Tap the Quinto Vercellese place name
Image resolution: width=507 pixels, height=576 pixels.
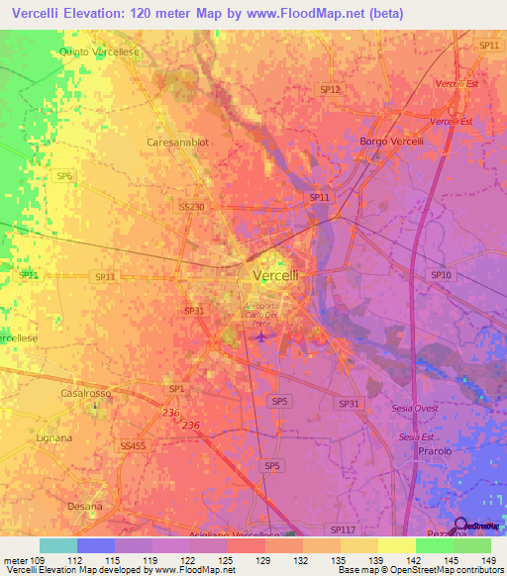pyautogui.click(x=100, y=50)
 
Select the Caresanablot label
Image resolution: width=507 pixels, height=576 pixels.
pyautogui.click(x=178, y=143)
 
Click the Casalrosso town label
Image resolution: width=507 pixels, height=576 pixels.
pyautogui.click(x=83, y=393)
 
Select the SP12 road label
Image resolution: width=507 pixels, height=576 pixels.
pyautogui.click(x=331, y=89)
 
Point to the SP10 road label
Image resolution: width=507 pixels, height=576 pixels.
pyautogui.click(x=441, y=274)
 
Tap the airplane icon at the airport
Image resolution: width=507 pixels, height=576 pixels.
pyautogui.click(x=260, y=337)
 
